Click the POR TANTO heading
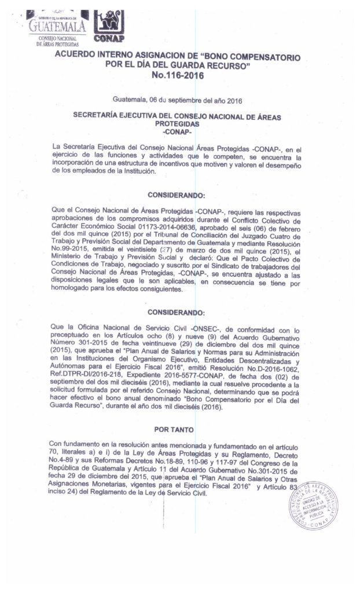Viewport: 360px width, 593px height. pos(177,430)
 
